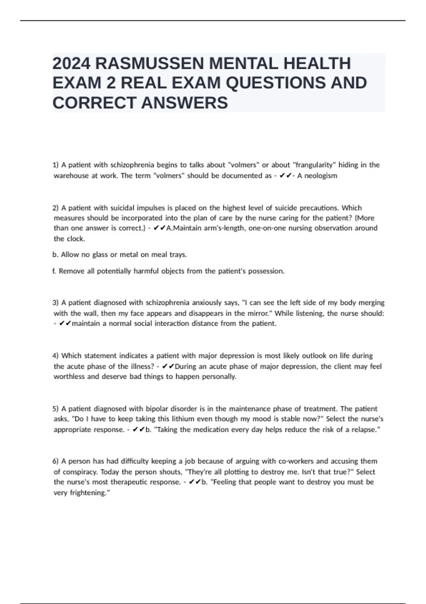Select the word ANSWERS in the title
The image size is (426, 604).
(x=185, y=103)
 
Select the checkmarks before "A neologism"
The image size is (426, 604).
(x=285, y=176)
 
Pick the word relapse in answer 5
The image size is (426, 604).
(x=366, y=430)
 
